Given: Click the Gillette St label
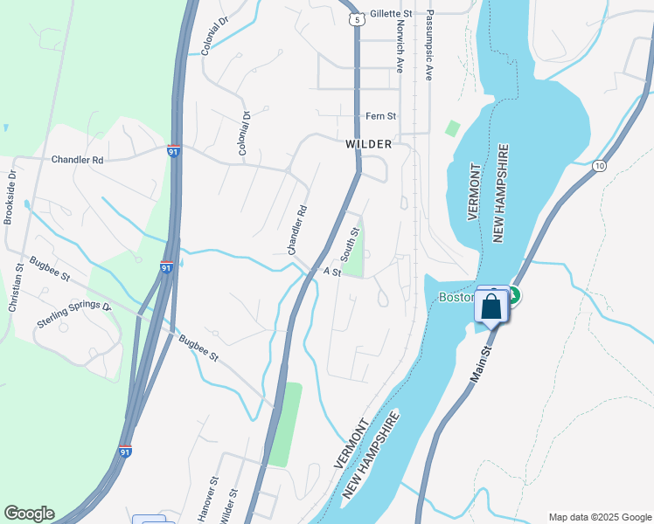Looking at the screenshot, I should click(x=391, y=14).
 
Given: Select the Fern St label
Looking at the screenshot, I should click(x=380, y=116).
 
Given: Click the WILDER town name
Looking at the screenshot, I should click(x=368, y=144).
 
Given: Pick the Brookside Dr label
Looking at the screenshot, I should click(x=10, y=197).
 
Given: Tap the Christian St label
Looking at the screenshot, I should click(x=14, y=289).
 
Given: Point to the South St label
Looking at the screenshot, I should click(x=351, y=245).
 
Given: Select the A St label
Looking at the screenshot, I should click(x=331, y=272).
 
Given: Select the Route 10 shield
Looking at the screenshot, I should click(x=599, y=165).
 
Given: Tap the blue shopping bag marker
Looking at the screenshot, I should click(x=491, y=307).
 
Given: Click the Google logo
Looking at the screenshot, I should click(x=29, y=514).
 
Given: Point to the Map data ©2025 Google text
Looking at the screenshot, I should click(x=599, y=517).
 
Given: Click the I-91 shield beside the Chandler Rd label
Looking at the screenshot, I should click(x=174, y=151).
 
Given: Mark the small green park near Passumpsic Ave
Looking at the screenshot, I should click(x=452, y=128).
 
